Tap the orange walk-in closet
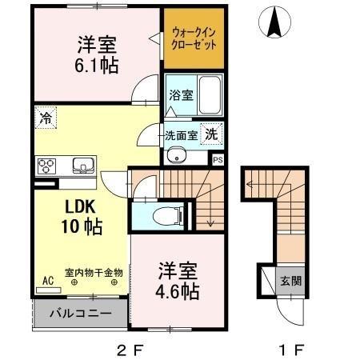tap(193, 38)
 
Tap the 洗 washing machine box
tap(210, 134)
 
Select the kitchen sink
tap(82, 166)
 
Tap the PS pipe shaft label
tap(217, 159)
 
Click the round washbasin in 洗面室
tap(178, 155)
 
